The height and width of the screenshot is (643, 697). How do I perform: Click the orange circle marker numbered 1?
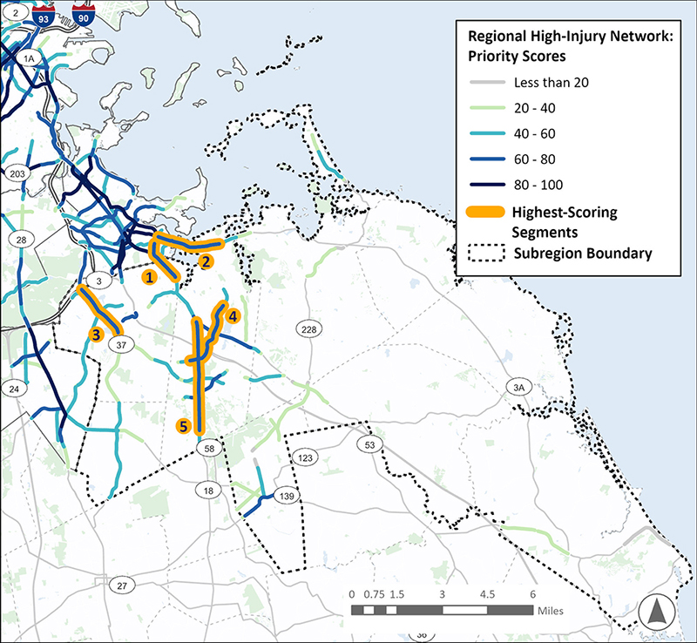click(149, 276)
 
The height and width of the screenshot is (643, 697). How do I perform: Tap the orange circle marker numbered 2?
click(206, 261)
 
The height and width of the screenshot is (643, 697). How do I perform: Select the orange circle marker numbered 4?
click(233, 317)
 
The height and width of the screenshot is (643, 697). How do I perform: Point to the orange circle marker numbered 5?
click(183, 426)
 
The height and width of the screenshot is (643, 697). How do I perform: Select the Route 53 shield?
click(369, 445)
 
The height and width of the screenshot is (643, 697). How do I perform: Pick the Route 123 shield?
click(305, 457)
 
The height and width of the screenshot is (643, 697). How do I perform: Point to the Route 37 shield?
click(122, 345)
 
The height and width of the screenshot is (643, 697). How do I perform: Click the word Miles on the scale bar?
click(554, 612)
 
